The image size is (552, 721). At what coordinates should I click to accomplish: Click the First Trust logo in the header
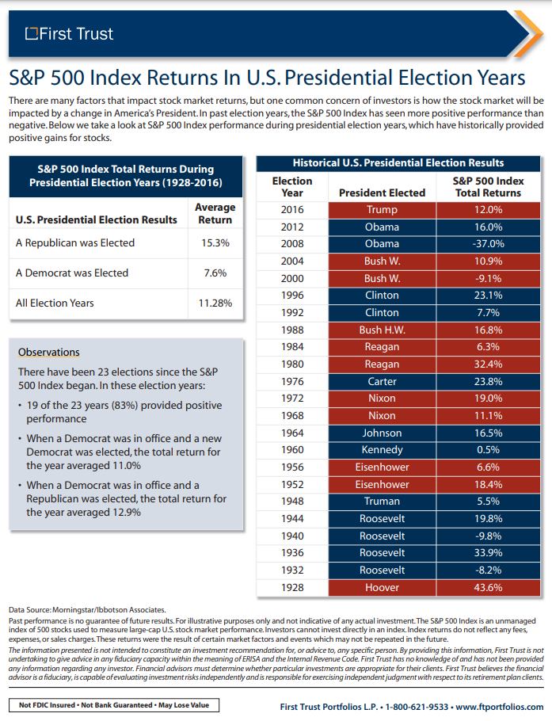69,34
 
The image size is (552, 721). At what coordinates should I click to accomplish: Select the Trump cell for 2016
382,210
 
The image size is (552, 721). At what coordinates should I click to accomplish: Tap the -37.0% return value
488,244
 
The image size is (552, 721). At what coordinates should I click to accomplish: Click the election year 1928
292,587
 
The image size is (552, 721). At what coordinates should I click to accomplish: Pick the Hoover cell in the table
382,587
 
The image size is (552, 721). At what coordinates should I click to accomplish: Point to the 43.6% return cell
488,587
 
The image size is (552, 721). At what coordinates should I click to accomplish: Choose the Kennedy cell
382,450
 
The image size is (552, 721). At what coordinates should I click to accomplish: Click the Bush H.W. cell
382,330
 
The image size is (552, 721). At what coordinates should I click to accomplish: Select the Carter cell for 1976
382,381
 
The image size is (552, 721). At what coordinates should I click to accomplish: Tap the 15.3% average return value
215,243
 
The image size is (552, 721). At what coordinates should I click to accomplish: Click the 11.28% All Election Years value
215,303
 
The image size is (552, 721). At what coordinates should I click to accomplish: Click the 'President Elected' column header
382,193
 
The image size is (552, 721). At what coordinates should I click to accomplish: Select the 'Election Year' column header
292,186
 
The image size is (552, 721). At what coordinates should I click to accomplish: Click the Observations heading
48,352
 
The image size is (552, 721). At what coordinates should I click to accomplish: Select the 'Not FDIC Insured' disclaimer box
113,705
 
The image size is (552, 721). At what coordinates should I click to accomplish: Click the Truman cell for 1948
382,502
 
